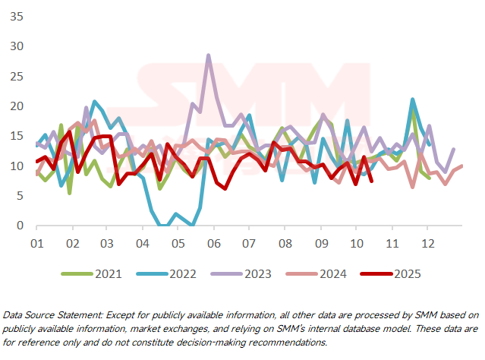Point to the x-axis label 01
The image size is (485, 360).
pyautogui.click(x=36, y=243)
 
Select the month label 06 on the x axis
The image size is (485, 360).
pyautogui.click(x=213, y=243)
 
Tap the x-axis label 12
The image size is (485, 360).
pyautogui.click(x=427, y=243)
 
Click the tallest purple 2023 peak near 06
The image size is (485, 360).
pyautogui.click(x=209, y=55)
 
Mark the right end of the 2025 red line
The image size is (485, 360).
pyautogui.click(x=370, y=180)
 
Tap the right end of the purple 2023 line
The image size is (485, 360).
pyautogui.click(x=454, y=149)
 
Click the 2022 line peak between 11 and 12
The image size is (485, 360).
pyautogui.click(x=412, y=99)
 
